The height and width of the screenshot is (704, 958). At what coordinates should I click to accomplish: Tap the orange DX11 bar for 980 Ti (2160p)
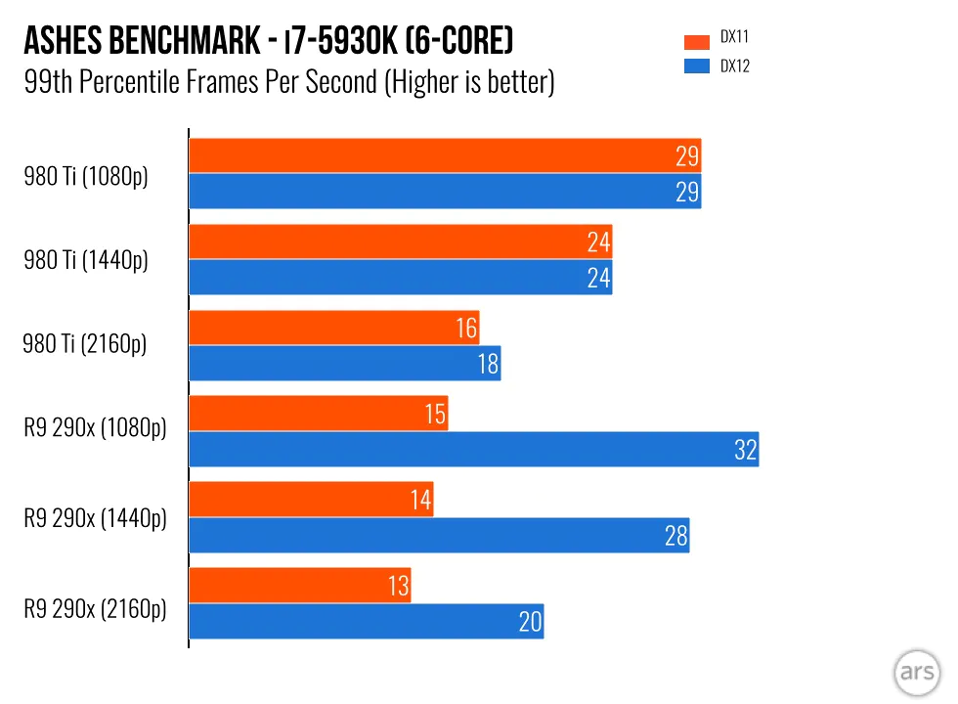tap(333, 328)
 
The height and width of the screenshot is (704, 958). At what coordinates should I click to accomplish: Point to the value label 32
tap(745, 450)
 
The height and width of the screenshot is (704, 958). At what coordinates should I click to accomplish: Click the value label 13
tap(397, 586)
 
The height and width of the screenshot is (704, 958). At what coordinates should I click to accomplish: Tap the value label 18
tap(488, 364)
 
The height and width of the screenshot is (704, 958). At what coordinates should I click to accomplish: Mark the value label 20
tap(530, 622)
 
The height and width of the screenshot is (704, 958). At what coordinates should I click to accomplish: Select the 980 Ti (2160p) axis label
tap(85, 344)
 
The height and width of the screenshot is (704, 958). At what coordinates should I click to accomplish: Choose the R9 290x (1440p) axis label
tap(95, 518)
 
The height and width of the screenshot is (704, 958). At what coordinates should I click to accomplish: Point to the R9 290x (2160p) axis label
tap(95, 608)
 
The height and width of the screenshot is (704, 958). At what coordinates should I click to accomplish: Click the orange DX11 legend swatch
tap(697, 42)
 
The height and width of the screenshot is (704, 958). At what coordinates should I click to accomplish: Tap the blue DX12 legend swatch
tap(697, 67)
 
